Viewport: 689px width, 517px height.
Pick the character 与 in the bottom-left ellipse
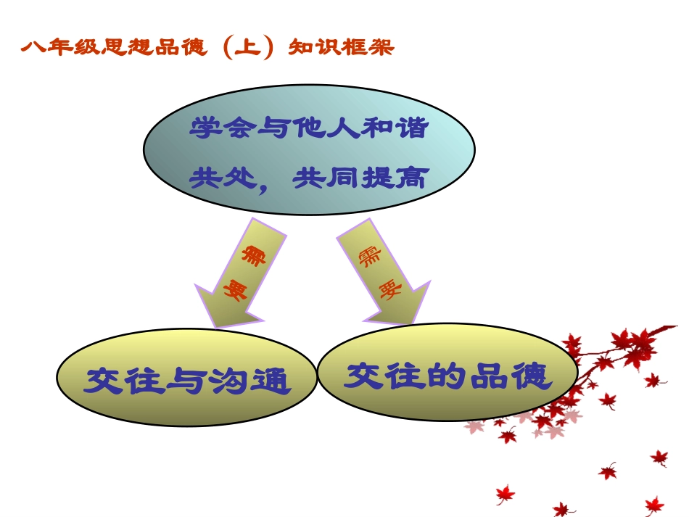pos(186,381)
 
